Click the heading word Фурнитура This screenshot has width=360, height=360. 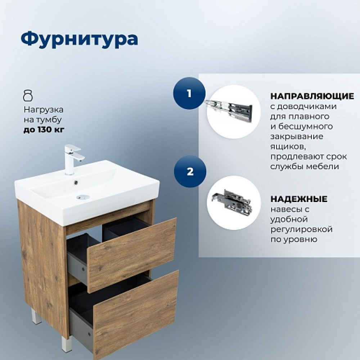click(79, 39)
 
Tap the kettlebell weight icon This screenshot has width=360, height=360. click(28, 95)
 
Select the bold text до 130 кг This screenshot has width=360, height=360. click(44, 130)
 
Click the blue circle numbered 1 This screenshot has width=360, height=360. click(189, 94)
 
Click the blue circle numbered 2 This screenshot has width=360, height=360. click(190, 171)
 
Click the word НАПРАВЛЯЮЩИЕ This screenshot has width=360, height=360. click(312, 96)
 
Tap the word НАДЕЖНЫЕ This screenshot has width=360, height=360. click(299, 199)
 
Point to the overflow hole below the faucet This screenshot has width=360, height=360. click(76, 183)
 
